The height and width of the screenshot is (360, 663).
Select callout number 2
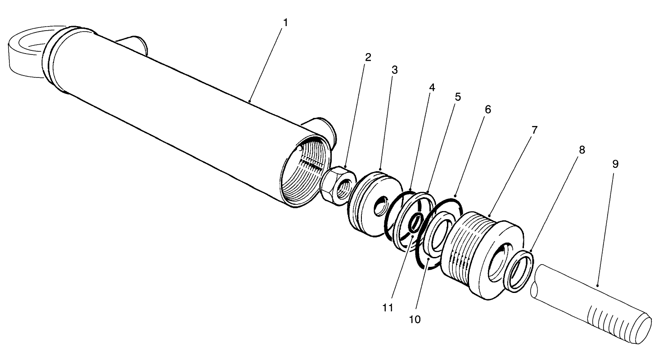(x=368, y=57)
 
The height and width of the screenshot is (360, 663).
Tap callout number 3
(x=395, y=70)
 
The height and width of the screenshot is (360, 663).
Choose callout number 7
(x=534, y=130)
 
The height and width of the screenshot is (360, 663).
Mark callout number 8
(x=582, y=150)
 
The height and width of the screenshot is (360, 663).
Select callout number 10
(x=415, y=319)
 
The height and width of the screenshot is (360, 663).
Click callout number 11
(x=388, y=308)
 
